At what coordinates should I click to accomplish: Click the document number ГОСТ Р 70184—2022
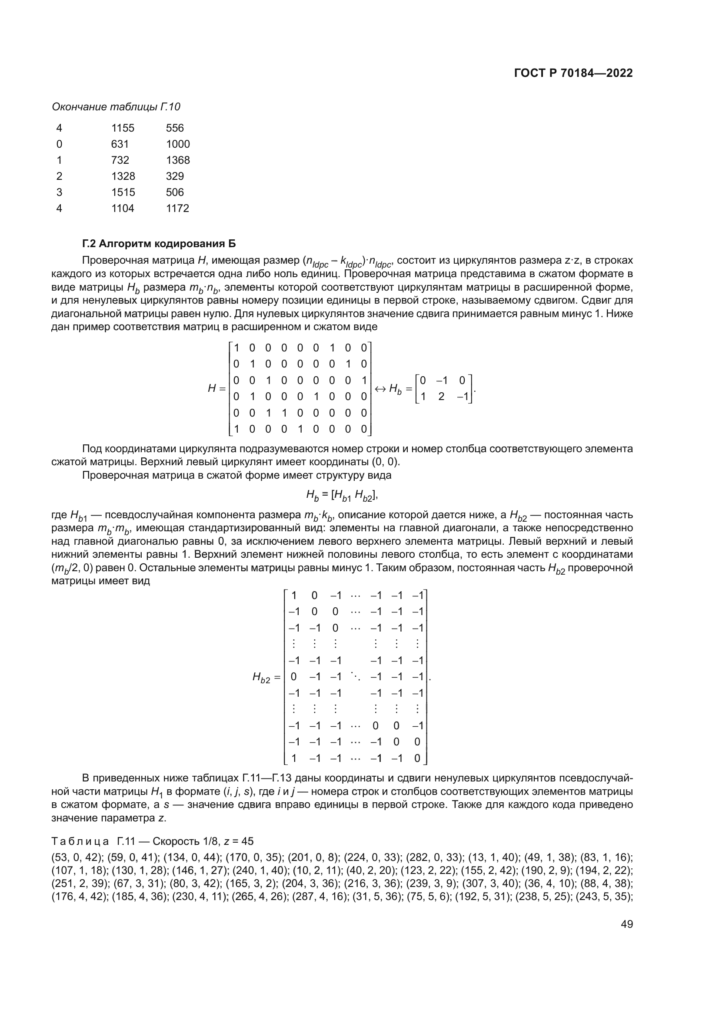(x=573, y=73)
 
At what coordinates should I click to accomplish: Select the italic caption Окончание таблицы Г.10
(x=116, y=107)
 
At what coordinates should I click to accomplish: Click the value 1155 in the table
(x=123, y=128)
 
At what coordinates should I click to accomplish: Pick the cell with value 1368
(x=177, y=160)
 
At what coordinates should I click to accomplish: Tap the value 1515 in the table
(x=123, y=192)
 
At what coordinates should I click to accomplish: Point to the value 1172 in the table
(x=177, y=208)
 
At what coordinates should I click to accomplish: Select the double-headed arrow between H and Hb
(x=380, y=388)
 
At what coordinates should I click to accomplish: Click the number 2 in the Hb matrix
(x=441, y=397)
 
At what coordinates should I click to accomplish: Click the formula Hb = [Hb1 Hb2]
(x=342, y=496)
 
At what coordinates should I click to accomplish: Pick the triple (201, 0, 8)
(x=313, y=857)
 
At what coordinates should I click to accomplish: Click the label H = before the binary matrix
(x=217, y=388)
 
